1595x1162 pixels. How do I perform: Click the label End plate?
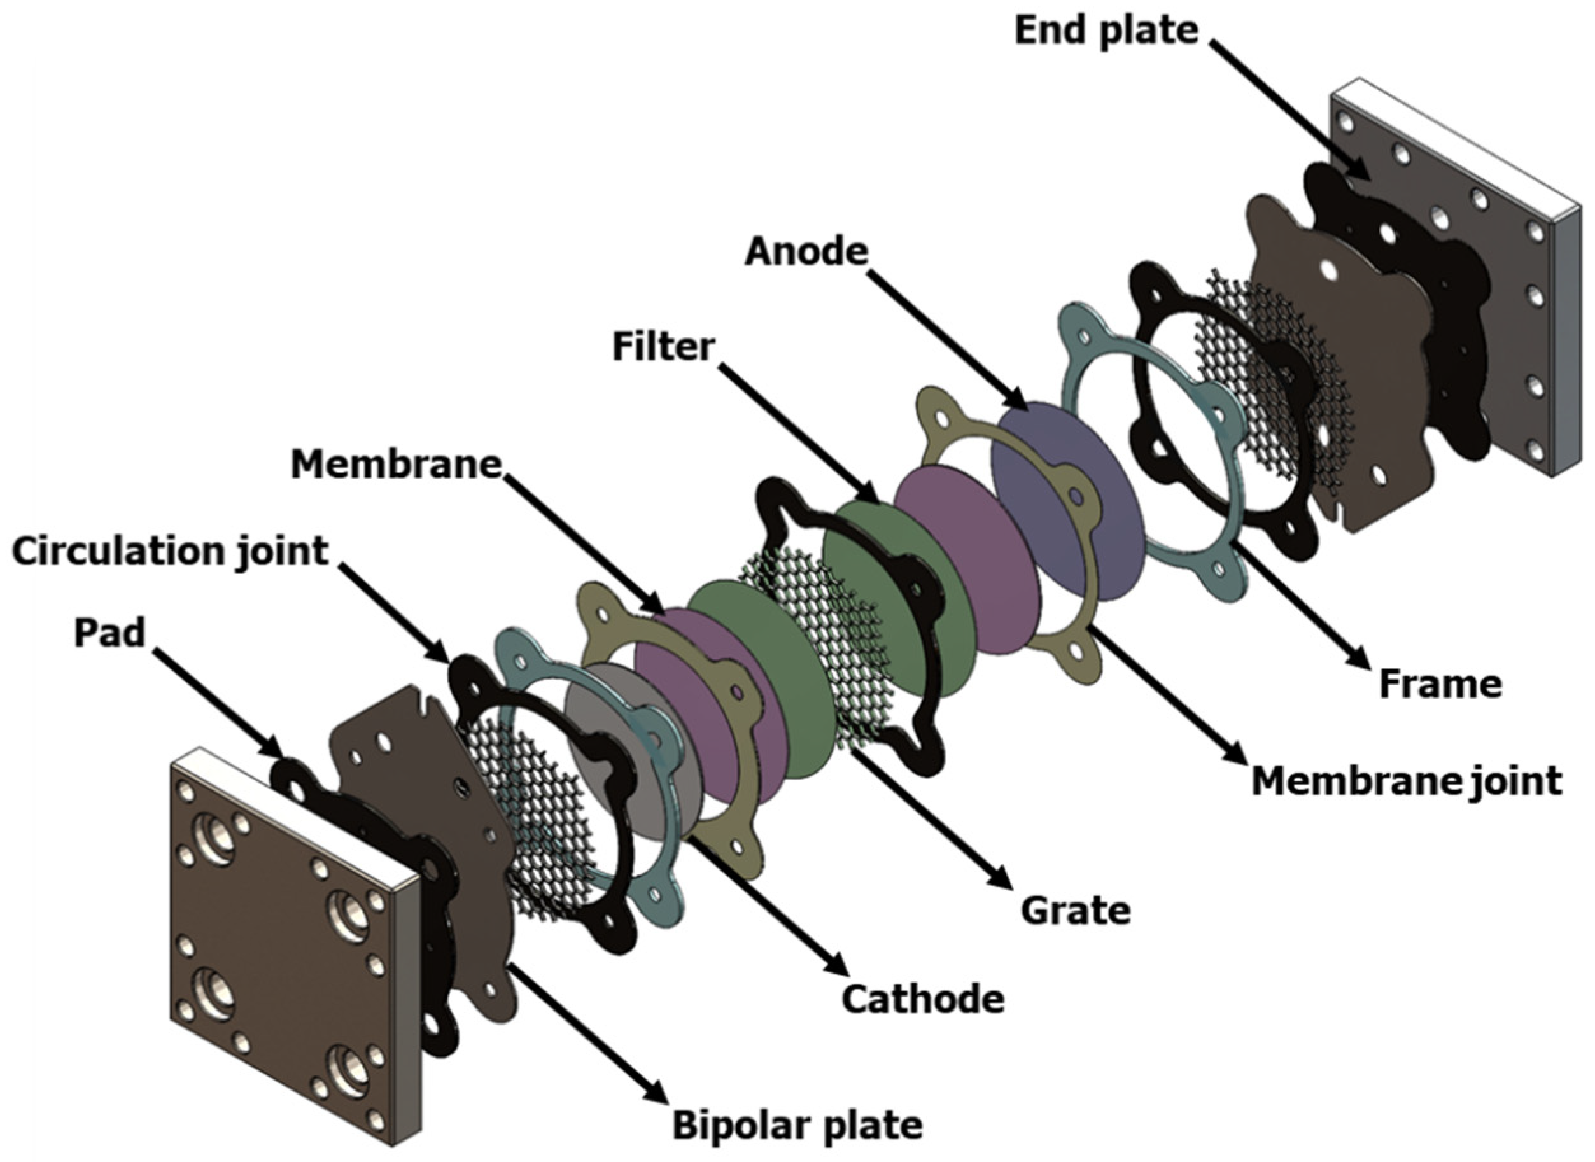point(1106,32)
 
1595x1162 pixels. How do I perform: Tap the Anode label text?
point(806,251)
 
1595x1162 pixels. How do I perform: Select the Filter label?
point(663,347)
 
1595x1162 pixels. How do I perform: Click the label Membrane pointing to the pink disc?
point(396,465)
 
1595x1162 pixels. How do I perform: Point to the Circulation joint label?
point(171,552)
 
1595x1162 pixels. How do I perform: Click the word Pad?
point(109,633)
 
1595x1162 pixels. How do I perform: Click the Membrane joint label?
point(1407,781)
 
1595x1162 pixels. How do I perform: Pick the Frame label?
point(1440,684)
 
